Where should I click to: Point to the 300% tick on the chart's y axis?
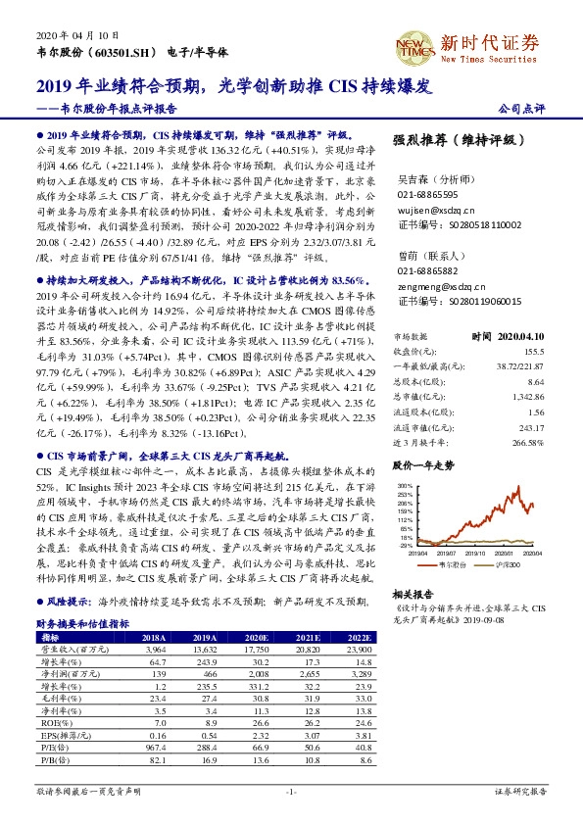pyautogui.click(x=404, y=484)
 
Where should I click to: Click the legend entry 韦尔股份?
pyautogui.click(x=452, y=566)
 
